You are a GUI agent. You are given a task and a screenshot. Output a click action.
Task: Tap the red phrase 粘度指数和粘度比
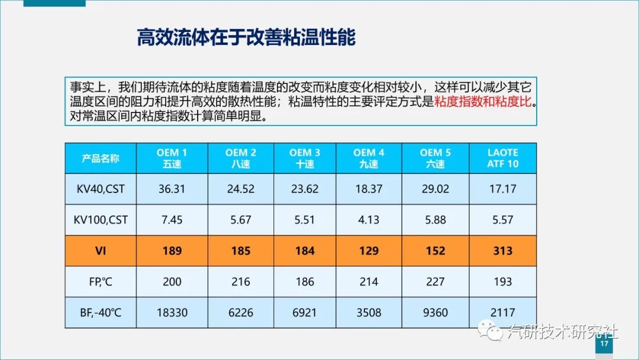[483, 101]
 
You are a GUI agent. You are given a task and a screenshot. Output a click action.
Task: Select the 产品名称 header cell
[101, 158]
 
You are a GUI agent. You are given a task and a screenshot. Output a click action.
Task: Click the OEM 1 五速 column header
[172, 158]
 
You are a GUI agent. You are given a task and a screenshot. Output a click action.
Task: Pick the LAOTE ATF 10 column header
[502, 158]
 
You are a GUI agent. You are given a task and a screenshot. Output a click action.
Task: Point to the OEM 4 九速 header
[369, 158]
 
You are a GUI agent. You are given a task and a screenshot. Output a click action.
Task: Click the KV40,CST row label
[101, 189]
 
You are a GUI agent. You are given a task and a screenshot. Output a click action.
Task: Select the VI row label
[101, 250]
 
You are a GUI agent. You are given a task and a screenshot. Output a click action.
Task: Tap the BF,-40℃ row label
[101, 312]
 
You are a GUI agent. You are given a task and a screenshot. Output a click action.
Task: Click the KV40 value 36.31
[172, 189]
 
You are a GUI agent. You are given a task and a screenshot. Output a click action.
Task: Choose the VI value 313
[502, 250]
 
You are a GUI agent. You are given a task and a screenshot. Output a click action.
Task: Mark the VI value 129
[369, 250]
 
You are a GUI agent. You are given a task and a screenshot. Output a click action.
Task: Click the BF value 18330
[172, 312]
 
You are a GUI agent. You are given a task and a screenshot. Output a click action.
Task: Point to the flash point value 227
[435, 281]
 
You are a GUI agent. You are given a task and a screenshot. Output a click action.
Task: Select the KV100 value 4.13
[369, 220]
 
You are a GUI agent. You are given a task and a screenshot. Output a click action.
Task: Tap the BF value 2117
[502, 312]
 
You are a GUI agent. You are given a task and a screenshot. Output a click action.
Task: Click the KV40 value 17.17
[502, 189]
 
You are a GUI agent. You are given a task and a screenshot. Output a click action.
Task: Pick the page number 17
[604, 345]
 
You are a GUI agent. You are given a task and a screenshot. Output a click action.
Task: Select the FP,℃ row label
[101, 281]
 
